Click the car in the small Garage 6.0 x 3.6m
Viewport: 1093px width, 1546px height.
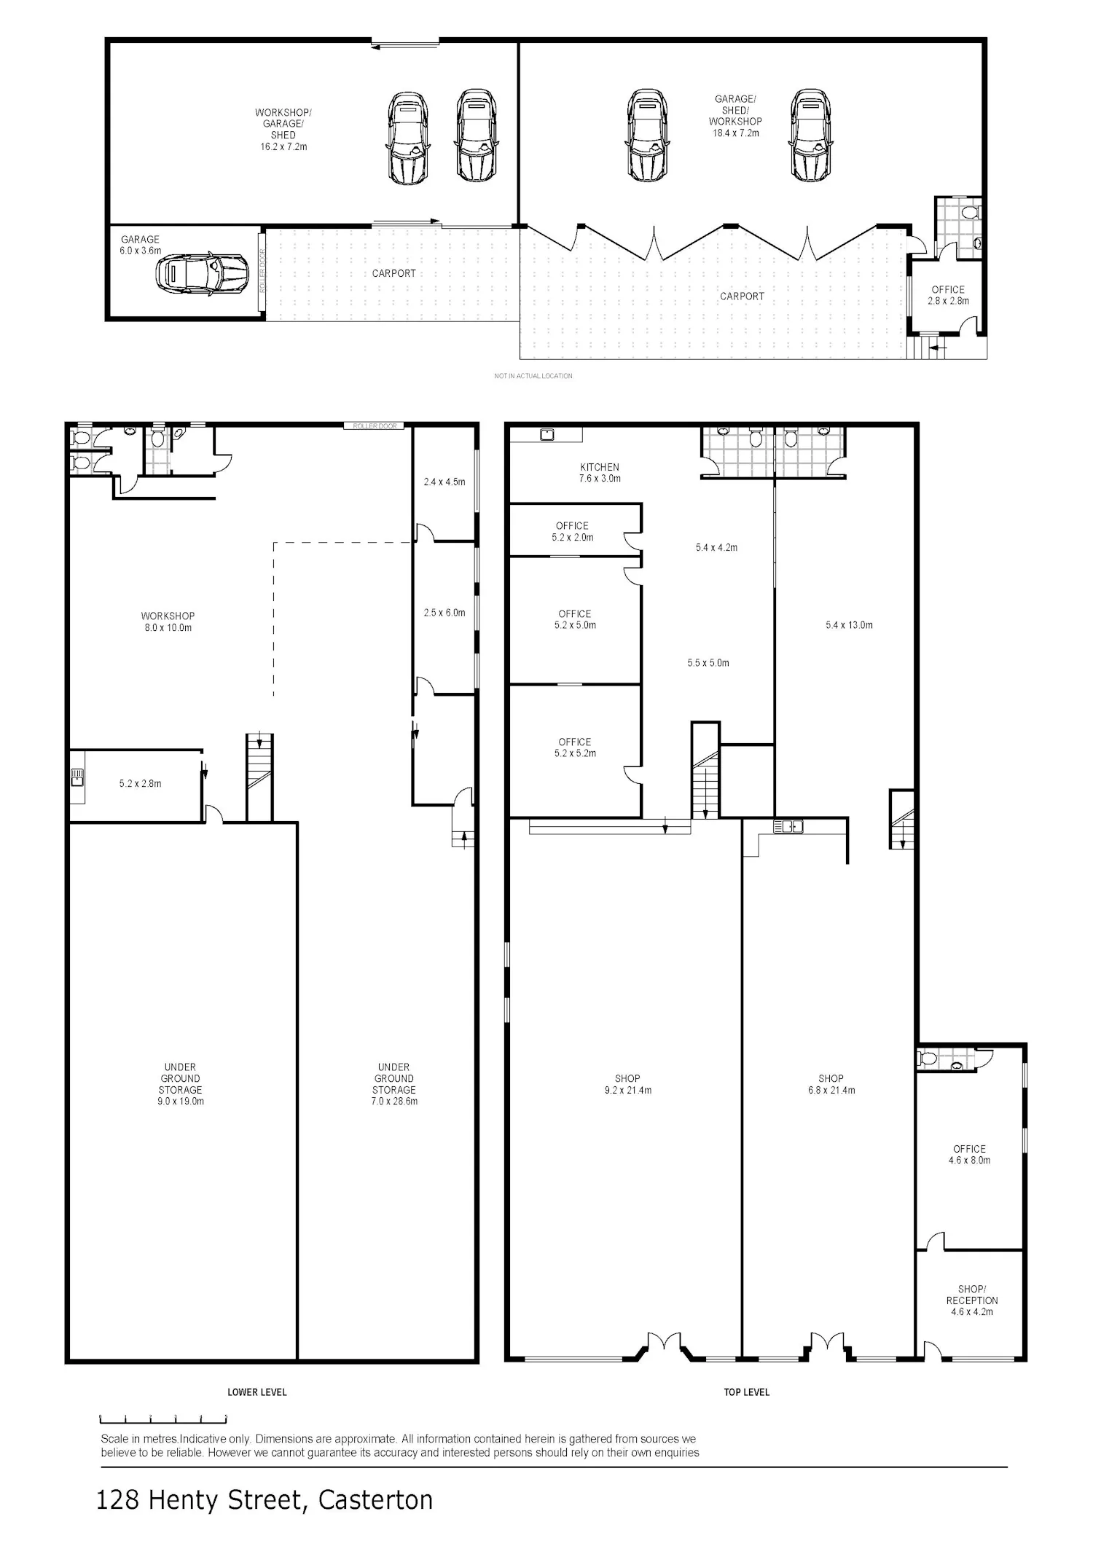coord(192,272)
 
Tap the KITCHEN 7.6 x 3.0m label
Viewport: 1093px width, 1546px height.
coord(600,473)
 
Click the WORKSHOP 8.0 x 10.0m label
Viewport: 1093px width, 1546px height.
coord(168,621)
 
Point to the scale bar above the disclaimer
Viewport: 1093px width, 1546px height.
coord(163,1418)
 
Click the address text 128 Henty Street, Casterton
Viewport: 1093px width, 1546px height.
coord(265,1501)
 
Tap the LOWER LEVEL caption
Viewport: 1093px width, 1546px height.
coord(257,1392)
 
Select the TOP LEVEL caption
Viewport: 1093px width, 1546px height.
coord(747,1392)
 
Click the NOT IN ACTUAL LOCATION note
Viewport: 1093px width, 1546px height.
coord(533,376)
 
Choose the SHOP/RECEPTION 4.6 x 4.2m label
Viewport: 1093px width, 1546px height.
coord(972,1300)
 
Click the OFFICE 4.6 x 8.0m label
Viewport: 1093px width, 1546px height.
coord(969,1155)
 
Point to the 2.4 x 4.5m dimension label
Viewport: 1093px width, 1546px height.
coord(444,482)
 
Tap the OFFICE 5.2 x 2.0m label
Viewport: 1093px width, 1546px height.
coord(572,531)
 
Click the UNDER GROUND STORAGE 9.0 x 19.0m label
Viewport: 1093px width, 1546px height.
coord(180,1084)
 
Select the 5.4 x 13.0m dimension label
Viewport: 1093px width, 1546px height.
coord(849,624)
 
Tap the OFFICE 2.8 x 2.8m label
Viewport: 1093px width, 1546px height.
coord(948,295)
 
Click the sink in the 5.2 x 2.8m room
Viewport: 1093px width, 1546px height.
coord(77,777)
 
